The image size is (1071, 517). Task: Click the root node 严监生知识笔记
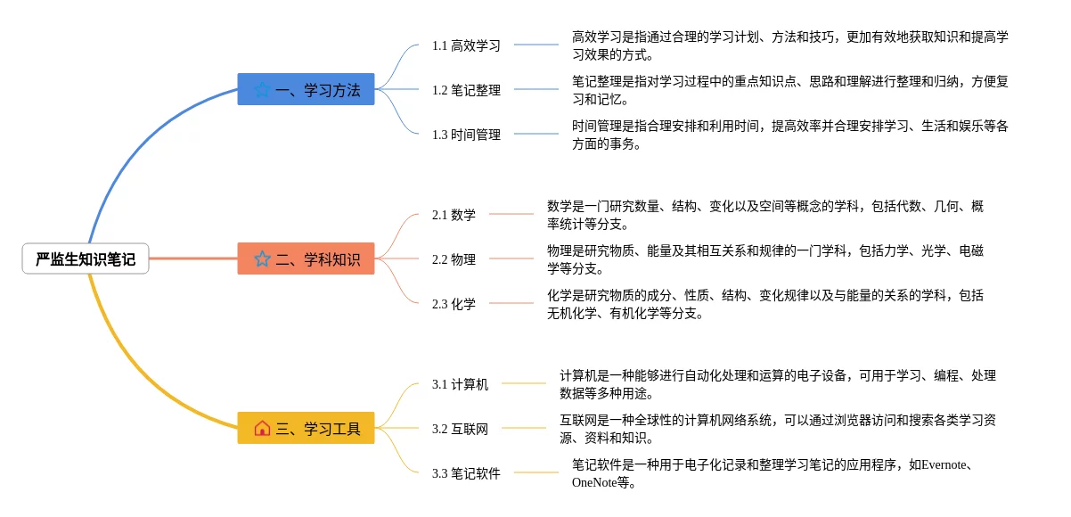pos(86,259)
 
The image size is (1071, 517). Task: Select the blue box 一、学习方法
pos(306,89)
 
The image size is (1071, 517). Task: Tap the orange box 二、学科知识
pos(306,258)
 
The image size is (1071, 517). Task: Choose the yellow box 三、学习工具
pos(306,428)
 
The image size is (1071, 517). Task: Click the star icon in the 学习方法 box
pos(262,89)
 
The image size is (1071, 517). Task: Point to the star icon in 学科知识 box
pos(262,258)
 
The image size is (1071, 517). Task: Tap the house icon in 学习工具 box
pos(262,428)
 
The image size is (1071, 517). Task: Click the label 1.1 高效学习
pos(466,45)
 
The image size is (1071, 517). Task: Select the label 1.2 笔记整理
pos(466,90)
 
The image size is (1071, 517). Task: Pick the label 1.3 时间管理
pos(466,135)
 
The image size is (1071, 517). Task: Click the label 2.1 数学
pos(454,215)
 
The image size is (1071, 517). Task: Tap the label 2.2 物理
pos(454,259)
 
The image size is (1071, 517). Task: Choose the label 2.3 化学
pos(454,304)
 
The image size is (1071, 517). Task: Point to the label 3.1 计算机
pos(460,384)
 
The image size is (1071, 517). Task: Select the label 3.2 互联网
pos(460,429)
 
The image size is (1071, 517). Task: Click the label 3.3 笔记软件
pos(466,473)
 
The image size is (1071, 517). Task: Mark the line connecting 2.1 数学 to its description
pos(511,214)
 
